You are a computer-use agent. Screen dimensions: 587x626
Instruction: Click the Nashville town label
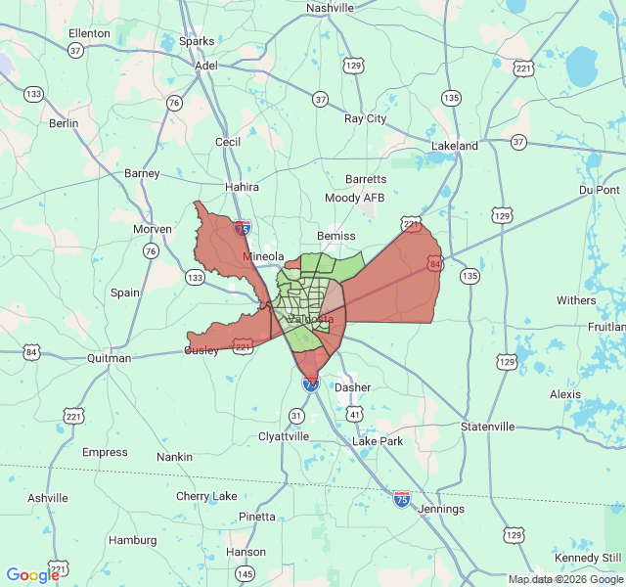tap(330, 8)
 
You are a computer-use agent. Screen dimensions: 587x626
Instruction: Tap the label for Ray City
tap(365, 118)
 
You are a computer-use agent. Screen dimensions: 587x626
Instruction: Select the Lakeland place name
tap(455, 146)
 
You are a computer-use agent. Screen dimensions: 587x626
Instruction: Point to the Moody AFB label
tap(355, 198)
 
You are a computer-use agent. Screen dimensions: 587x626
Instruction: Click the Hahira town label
tap(241, 187)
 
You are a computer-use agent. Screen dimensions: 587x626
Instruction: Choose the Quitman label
tap(109, 358)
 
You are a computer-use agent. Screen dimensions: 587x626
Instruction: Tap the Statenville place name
tap(487, 427)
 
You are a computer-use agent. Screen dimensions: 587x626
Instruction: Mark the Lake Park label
tap(378, 441)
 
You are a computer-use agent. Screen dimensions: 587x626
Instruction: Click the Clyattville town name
tap(283, 436)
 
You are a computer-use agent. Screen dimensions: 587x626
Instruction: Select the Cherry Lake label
tap(206, 496)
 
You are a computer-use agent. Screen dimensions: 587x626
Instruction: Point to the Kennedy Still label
tap(588, 558)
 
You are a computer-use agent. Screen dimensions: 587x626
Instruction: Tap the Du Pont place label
tap(600, 189)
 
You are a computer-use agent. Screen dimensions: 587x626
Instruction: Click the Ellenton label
tap(89, 33)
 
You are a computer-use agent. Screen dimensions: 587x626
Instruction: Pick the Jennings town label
tap(439, 509)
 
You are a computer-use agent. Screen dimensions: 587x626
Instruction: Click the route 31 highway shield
tap(296, 416)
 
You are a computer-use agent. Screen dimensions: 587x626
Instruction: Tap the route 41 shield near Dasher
tap(355, 416)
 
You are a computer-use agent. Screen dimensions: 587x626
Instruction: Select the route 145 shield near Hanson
tap(246, 573)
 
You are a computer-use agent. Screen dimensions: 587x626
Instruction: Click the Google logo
tap(32, 575)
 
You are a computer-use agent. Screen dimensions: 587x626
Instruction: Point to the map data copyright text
tap(565, 579)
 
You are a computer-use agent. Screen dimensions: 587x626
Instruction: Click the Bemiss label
tap(335, 236)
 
